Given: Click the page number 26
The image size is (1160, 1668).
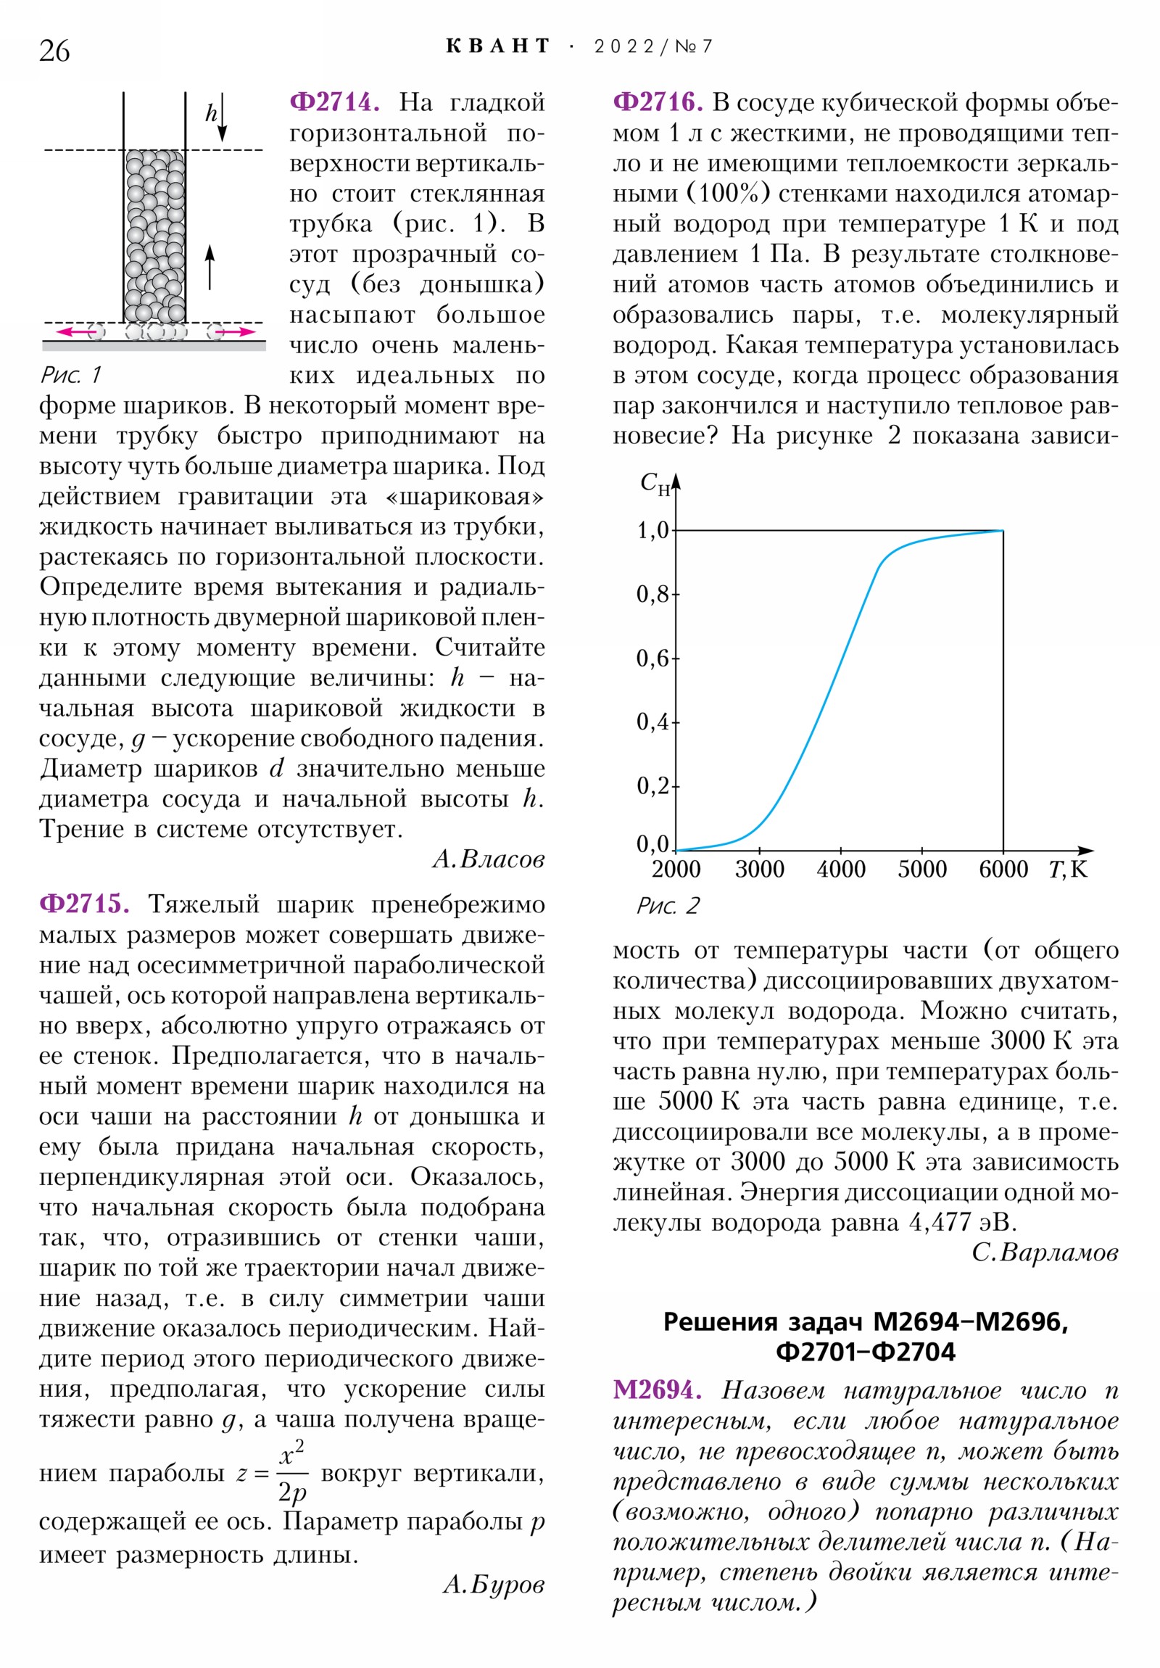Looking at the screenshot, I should (x=54, y=51).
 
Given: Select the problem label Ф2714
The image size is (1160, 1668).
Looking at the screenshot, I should (x=335, y=102).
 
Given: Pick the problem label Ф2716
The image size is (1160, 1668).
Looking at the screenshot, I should (x=658, y=102).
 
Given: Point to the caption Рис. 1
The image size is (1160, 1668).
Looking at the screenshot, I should (x=70, y=375).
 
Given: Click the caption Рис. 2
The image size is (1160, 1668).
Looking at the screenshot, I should (x=668, y=905).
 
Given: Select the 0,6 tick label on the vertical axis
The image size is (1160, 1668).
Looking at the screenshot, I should (x=652, y=658).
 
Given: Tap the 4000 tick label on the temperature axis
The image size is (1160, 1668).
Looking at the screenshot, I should (x=840, y=870).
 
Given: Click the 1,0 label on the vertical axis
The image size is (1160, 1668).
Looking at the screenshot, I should (x=652, y=531).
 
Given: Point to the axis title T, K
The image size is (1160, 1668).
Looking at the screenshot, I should (x=1067, y=870).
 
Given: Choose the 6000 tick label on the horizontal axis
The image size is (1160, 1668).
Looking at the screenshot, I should (x=1003, y=870).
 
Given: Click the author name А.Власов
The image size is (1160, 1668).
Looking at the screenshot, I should (x=488, y=859).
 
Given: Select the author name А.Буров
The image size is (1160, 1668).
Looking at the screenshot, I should (x=493, y=1585).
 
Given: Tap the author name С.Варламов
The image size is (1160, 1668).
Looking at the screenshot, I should (x=1045, y=1252).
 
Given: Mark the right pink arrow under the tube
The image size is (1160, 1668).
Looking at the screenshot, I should (x=236, y=332).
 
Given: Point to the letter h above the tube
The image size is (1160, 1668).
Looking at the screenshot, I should (x=211, y=113).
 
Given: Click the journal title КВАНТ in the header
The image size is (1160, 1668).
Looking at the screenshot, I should (x=497, y=46).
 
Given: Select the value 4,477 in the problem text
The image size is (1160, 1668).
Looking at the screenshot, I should (x=940, y=1222).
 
